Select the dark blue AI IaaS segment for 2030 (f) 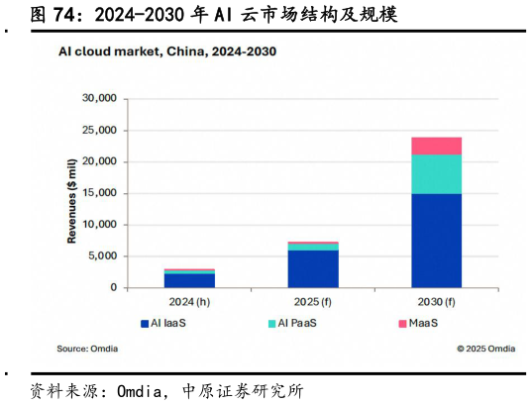[436, 240]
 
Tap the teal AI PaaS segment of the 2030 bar [436, 174]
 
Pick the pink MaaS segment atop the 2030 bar [436, 146]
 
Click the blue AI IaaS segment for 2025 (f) [312, 268]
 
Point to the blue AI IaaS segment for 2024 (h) [189, 280]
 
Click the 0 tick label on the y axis [113, 288]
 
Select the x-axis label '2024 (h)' [189, 302]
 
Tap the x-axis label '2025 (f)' [312, 302]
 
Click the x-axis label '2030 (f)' [436, 302]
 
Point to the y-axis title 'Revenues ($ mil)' [71, 198]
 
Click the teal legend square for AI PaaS [270, 324]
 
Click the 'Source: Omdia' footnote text [86, 349]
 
